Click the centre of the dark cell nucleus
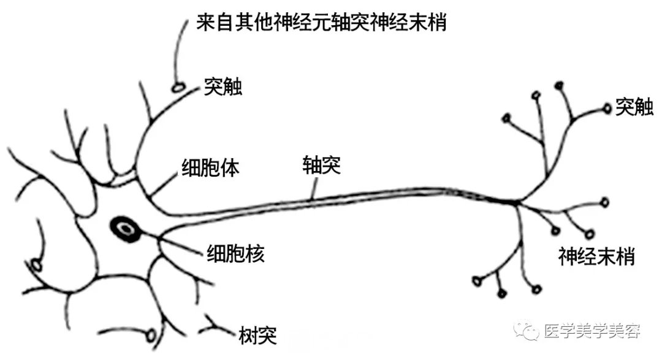point(126,229)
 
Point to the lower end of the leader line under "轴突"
point(311,199)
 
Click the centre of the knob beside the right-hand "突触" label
point(607,109)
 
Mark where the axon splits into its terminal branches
point(516,202)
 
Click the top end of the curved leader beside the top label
point(188,20)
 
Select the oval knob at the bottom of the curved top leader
point(178,88)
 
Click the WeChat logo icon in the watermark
point(526,329)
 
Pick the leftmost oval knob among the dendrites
point(36,266)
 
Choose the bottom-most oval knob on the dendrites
point(151,336)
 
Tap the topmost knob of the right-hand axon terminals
point(560,86)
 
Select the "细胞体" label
point(210,168)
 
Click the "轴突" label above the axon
point(321,165)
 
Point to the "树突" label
point(257,335)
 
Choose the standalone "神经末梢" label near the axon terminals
point(596,256)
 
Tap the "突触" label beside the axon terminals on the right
point(634,107)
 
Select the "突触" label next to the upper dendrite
point(223,86)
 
